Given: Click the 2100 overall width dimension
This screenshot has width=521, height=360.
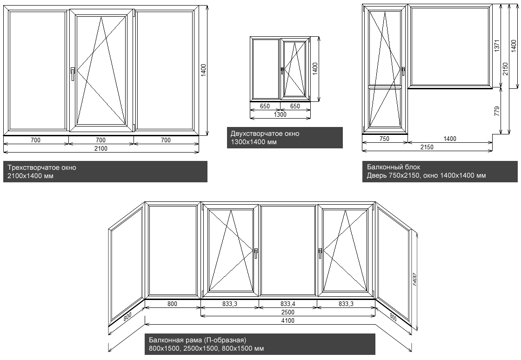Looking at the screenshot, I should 101,148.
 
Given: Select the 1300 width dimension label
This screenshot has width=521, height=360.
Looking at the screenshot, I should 280,114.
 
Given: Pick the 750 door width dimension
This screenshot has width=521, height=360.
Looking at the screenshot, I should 385,139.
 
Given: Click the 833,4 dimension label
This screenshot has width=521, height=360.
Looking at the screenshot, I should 288,304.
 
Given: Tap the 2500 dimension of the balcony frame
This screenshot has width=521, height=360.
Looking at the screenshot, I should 288,312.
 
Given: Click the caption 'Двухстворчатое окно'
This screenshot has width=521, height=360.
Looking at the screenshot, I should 265,134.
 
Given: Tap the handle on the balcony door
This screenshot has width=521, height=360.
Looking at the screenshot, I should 403,71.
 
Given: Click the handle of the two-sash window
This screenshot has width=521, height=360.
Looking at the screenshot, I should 282,70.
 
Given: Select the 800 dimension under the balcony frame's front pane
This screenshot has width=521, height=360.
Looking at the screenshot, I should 172,304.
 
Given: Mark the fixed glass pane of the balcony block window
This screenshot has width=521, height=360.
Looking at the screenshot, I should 450,47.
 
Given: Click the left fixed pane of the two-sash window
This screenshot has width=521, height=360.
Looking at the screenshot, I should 265,69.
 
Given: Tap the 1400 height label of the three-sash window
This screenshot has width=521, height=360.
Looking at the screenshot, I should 203,70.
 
